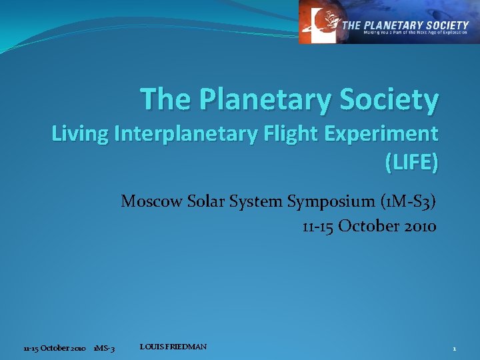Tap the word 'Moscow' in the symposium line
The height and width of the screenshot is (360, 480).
coord(151,201)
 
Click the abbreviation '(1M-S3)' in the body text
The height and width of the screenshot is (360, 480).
coord(407,201)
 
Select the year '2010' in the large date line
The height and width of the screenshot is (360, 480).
coord(419,226)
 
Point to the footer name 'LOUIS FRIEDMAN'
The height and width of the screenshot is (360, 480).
coord(173,347)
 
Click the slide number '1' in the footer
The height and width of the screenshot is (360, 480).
coord(454,349)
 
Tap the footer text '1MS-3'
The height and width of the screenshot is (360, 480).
coord(104,349)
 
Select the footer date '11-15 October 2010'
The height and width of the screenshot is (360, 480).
coord(54,349)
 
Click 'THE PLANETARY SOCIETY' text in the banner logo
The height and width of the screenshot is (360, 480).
coord(405,25)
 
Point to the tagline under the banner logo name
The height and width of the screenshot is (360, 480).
coord(405,33)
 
